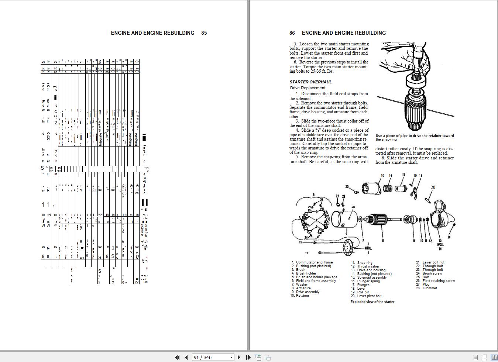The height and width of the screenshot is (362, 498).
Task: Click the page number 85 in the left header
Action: coord(204,33)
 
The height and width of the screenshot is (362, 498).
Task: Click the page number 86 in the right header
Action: coord(292,33)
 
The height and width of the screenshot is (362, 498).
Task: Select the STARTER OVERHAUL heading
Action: coord(310,82)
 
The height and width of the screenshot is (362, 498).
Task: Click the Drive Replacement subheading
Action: coord(308,88)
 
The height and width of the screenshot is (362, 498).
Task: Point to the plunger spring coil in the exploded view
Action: coord(387,188)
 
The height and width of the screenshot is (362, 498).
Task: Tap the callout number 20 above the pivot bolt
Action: coord(433,187)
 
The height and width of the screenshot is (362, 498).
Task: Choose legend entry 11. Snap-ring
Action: coord(364,263)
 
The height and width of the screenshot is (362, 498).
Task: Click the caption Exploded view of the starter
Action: coord(372,302)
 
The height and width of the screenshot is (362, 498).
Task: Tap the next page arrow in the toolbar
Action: coord(239,357)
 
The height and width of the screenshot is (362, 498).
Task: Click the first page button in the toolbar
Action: coord(177,357)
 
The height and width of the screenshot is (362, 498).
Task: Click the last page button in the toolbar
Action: coord(248,357)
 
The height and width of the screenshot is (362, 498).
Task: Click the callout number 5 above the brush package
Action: coord(313,195)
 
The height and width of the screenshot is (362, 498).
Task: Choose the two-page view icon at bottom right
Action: coord(494,357)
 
